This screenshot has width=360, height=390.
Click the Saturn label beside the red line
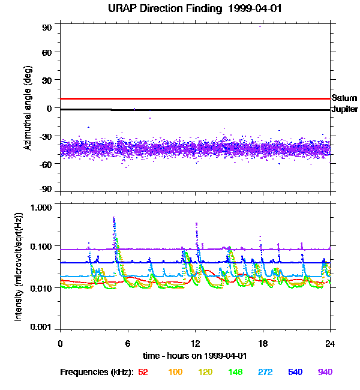(344, 98)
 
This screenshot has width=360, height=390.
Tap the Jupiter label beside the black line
(345, 110)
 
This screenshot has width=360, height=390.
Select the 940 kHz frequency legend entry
(325, 372)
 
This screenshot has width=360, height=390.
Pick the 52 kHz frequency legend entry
(143, 372)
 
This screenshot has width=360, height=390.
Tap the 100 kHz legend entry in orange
(175, 372)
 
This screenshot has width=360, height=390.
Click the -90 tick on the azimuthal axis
(46, 190)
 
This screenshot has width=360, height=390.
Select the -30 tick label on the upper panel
(46, 136)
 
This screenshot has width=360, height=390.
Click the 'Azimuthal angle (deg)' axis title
(28, 108)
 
